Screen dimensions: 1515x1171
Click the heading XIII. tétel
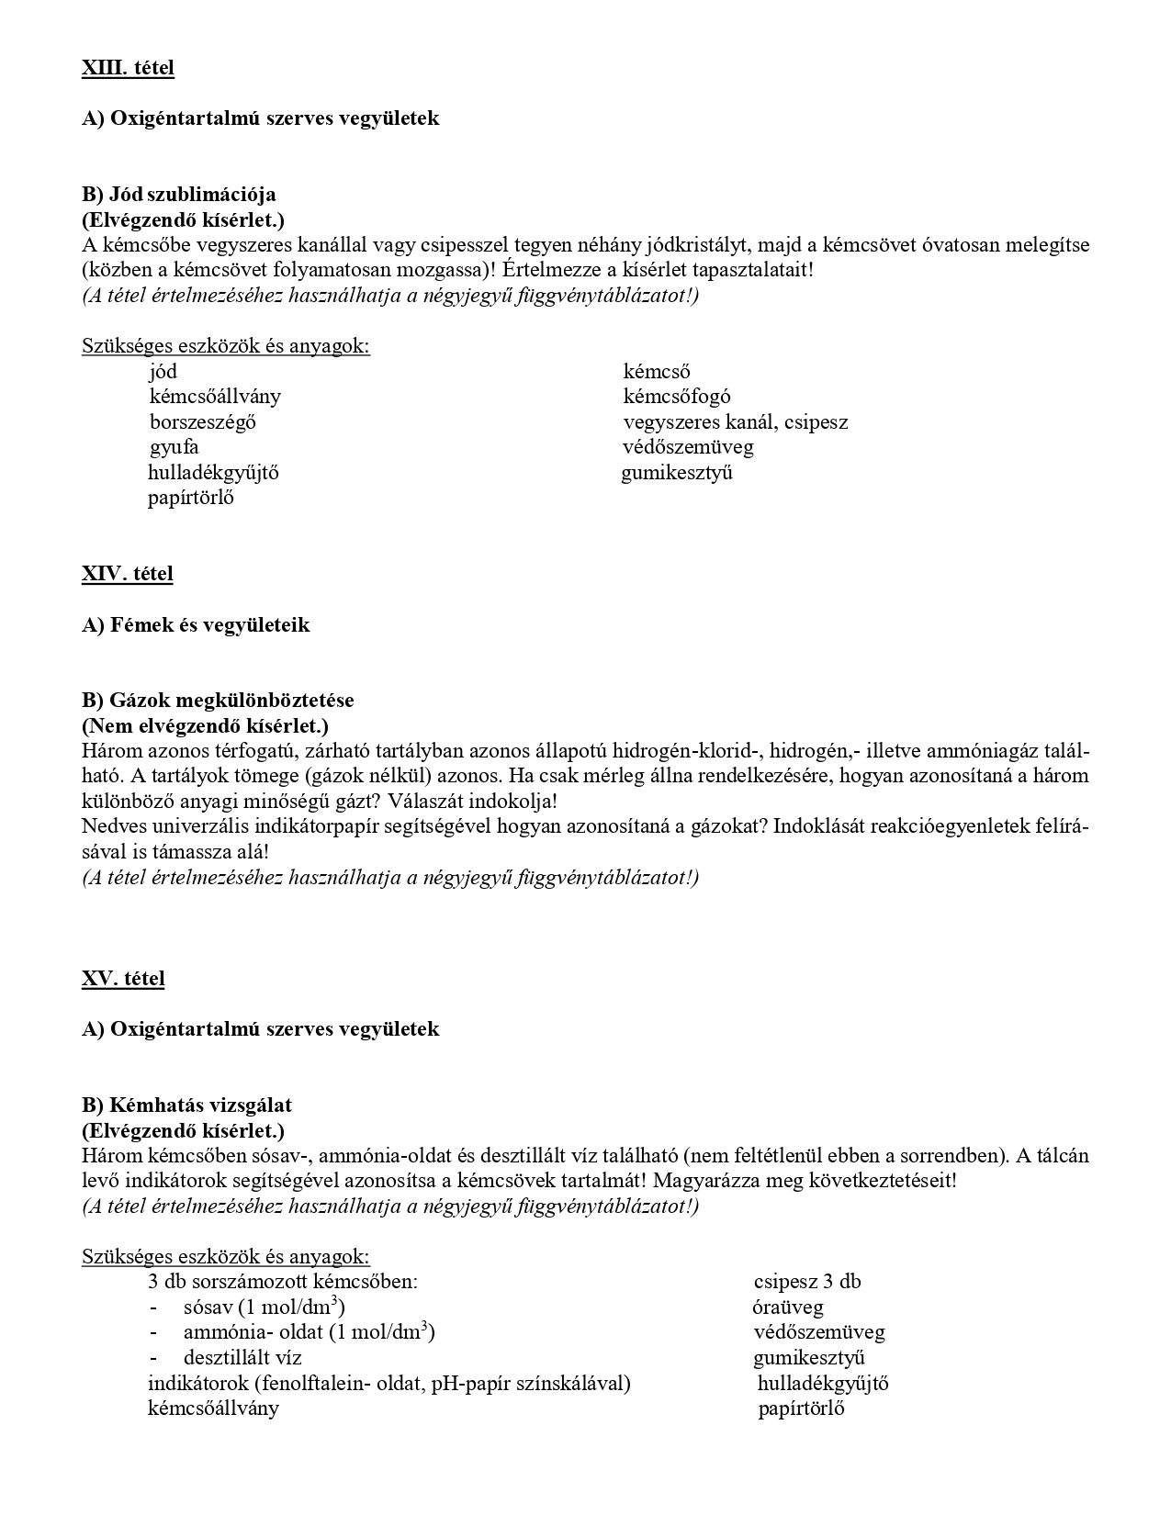[x=128, y=67]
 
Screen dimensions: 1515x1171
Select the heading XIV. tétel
[x=128, y=574]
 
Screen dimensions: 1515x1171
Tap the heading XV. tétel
[x=124, y=979]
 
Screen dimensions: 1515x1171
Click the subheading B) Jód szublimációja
[x=179, y=195]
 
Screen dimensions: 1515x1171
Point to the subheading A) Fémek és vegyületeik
[x=196, y=625]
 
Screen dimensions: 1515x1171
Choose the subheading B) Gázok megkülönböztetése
[x=218, y=701]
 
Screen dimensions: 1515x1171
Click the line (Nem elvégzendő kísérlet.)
[x=205, y=726]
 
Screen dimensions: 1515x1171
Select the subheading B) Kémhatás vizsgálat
[x=186, y=1105]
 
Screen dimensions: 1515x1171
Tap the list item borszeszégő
[x=203, y=422]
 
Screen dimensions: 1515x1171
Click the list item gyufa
[x=175, y=447]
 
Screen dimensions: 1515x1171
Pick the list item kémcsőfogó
[x=677, y=397]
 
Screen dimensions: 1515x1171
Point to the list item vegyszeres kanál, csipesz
[x=736, y=422]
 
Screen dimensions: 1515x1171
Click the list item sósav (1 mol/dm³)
[x=264, y=1307]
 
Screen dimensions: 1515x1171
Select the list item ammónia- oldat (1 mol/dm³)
[x=309, y=1332]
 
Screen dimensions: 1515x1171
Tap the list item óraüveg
[x=788, y=1307]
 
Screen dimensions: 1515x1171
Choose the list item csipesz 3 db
[x=807, y=1282]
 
